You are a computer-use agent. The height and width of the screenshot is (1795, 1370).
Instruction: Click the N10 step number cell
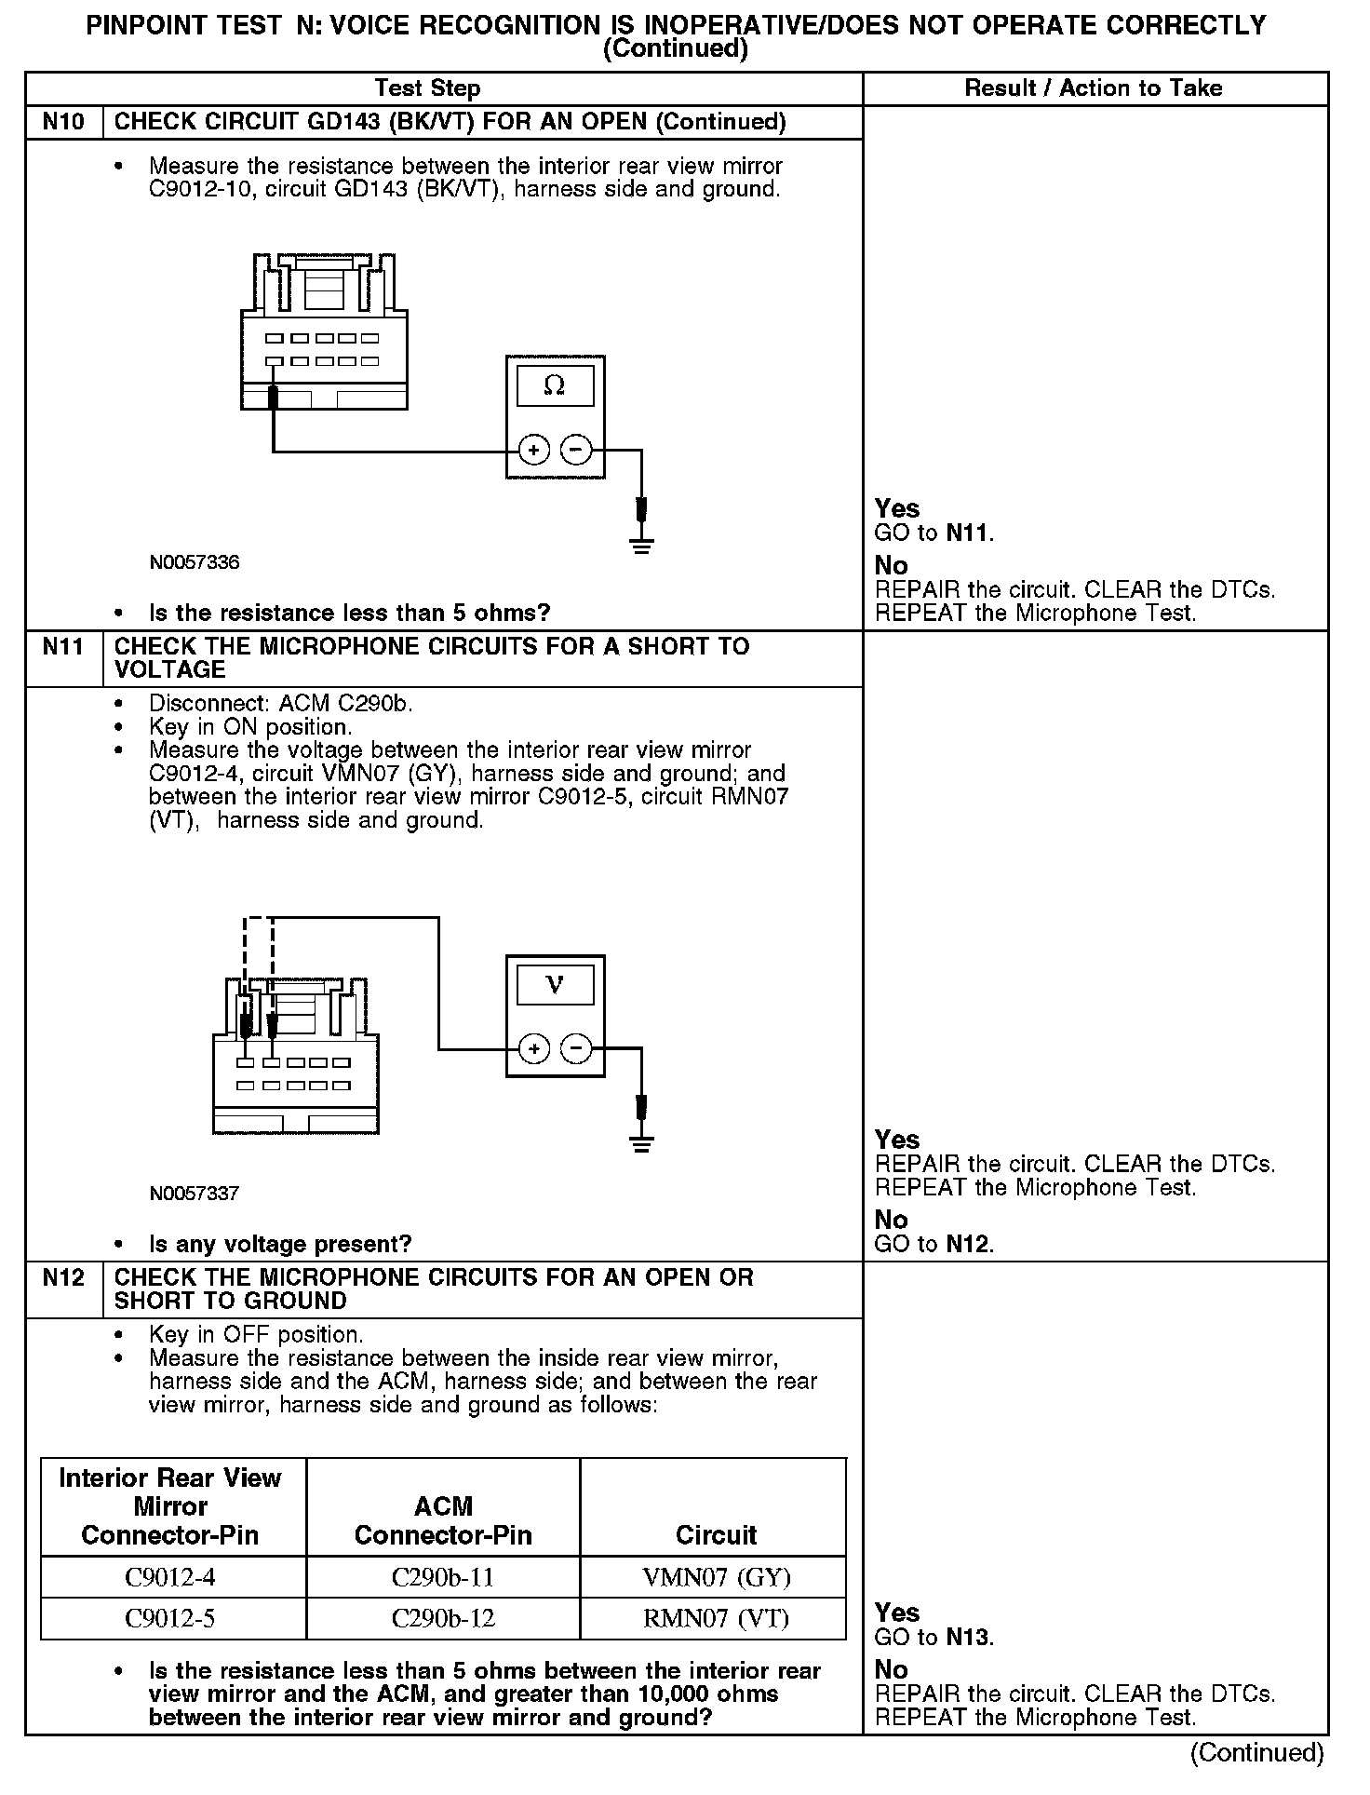coord(63,122)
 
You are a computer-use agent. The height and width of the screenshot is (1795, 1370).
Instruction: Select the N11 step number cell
coord(63,646)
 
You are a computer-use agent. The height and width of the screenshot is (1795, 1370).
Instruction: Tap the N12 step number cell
coord(63,1277)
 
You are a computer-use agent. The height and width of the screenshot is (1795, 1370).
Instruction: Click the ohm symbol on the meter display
coord(555,385)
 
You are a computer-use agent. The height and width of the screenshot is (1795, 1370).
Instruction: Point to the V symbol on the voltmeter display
coord(555,984)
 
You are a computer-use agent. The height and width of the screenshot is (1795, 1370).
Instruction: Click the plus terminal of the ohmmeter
coord(533,451)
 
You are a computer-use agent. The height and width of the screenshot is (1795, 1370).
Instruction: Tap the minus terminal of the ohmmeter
coord(577,451)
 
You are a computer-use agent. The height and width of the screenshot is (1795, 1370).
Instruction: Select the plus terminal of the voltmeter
coord(533,1050)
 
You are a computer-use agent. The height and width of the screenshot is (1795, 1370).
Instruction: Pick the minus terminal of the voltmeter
coord(577,1050)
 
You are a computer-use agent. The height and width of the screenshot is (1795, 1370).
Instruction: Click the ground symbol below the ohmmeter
coord(641,545)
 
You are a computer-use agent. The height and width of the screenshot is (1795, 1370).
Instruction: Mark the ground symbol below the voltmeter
coord(641,1144)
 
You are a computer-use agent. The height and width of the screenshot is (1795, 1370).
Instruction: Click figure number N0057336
coord(195,562)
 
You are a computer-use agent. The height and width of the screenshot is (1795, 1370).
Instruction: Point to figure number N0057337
coord(195,1194)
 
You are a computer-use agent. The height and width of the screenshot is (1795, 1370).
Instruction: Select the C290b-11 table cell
coord(443,1577)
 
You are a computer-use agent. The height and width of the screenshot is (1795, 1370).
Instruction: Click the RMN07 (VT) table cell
coord(716,1618)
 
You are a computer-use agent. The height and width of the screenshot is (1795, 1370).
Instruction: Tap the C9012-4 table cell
coord(170,1577)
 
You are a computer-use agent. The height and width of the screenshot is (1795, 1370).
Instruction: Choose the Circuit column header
coord(716,1534)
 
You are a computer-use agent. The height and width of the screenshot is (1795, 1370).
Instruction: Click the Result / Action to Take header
coord(1094,88)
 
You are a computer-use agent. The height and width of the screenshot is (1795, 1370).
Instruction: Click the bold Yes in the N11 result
coord(897,1140)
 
